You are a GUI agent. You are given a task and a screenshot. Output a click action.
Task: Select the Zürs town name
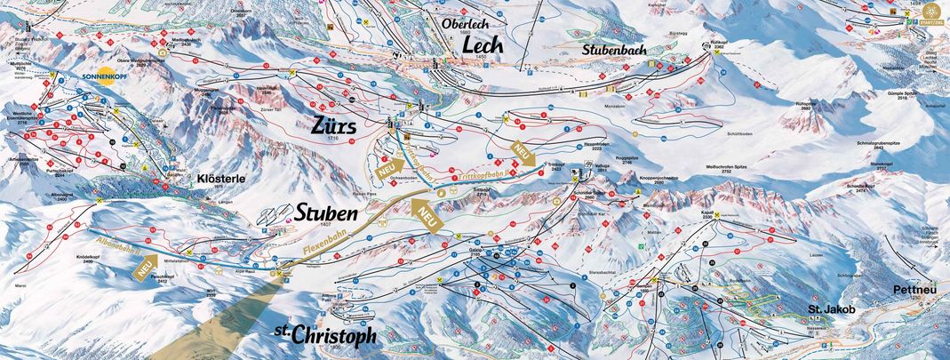click(334, 127)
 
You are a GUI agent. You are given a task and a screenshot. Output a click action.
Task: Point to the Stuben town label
click(327, 214)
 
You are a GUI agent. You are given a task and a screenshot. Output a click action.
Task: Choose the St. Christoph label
click(324, 334)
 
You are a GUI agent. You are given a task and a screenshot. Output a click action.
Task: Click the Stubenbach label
click(612, 51)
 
